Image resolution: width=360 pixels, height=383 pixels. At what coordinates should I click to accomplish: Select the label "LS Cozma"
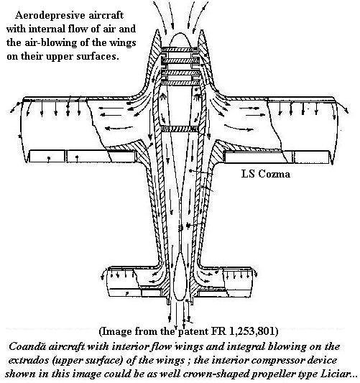(x=266, y=174)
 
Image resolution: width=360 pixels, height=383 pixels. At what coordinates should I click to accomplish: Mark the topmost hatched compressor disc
(x=180, y=50)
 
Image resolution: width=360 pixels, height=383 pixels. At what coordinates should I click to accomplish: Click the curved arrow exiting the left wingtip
(x=16, y=107)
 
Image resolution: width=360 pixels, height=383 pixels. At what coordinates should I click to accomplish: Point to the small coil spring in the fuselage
(x=181, y=228)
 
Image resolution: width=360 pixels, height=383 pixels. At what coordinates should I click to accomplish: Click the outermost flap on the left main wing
(x=47, y=157)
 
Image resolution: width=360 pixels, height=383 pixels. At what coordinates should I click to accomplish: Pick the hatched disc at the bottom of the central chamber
(x=180, y=129)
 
